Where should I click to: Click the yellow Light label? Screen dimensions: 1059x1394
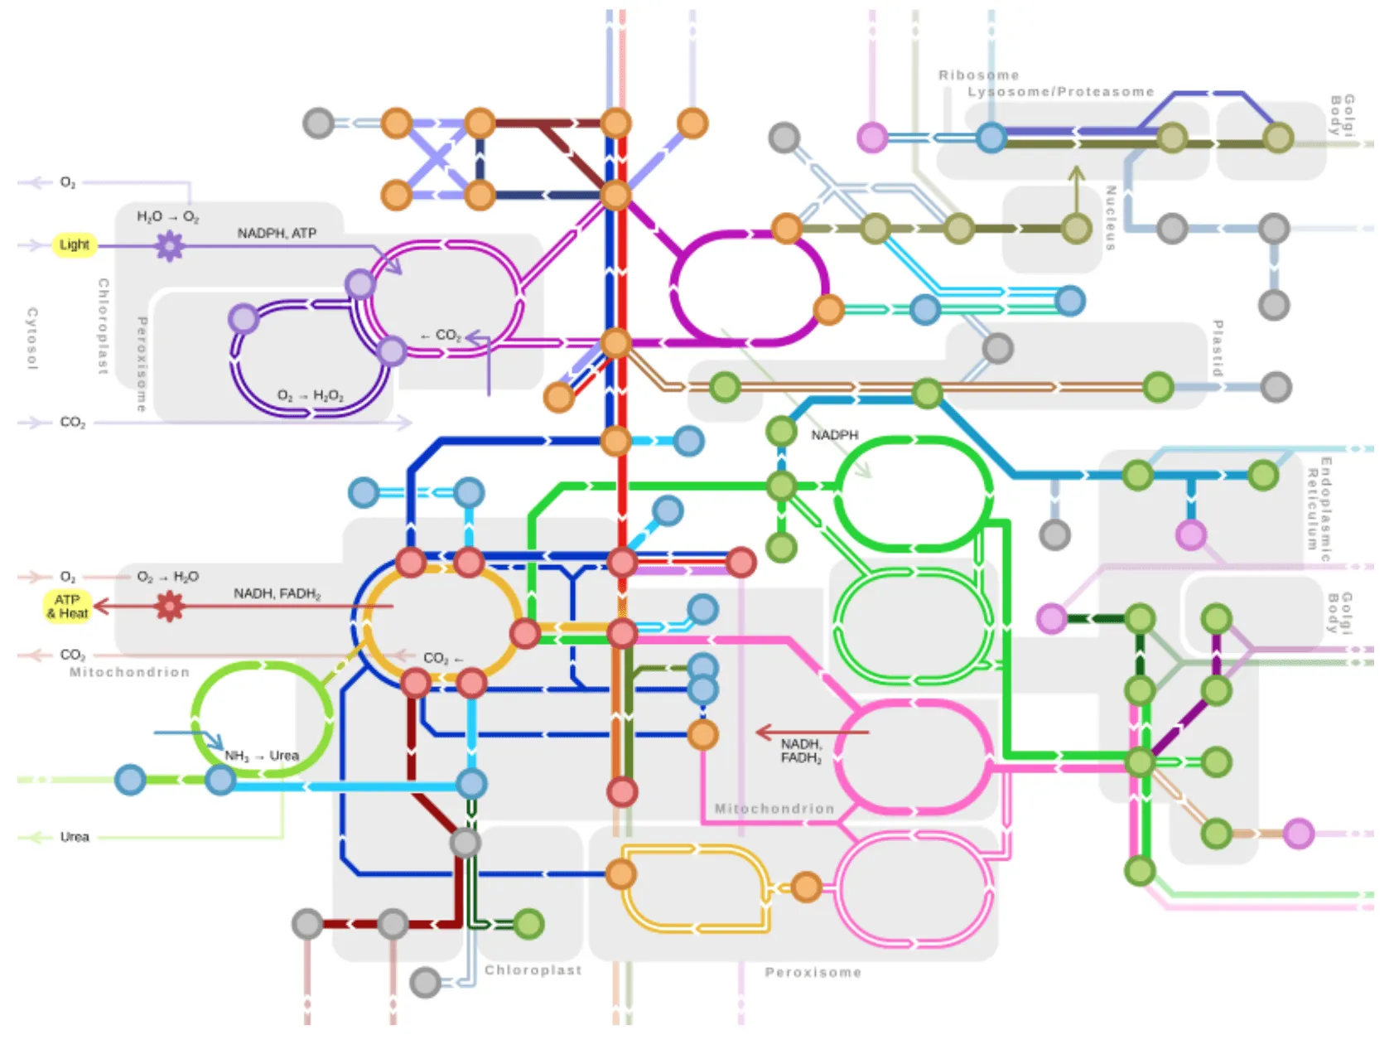[x=74, y=244]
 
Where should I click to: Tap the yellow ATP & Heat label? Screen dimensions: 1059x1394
[x=67, y=606]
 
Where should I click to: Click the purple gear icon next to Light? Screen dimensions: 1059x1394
[x=170, y=245]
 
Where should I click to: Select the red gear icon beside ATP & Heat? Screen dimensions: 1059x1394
[x=170, y=607]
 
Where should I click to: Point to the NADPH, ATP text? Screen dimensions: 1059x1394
[x=277, y=233]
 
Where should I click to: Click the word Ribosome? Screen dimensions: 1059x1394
[x=978, y=75]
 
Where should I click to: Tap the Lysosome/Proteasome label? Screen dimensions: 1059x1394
[x=1060, y=92]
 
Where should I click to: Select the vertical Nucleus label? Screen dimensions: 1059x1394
[x=1110, y=218]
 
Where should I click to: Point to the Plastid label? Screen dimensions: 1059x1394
[x=1217, y=348]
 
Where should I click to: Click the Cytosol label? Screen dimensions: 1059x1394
[x=32, y=338]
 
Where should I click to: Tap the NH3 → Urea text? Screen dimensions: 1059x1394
[x=262, y=756]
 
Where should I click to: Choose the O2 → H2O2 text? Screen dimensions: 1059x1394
[x=310, y=396]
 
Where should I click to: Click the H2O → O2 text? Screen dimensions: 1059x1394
[x=167, y=216]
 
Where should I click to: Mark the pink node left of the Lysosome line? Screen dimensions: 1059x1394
[x=871, y=137]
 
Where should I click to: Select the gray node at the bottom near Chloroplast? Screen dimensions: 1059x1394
[x=425, y=982]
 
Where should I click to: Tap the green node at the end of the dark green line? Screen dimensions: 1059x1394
[x=528, y=923]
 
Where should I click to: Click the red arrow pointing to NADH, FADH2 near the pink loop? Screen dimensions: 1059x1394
[x=812, y=732]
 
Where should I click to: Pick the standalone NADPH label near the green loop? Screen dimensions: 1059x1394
[x=834, y=435]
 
